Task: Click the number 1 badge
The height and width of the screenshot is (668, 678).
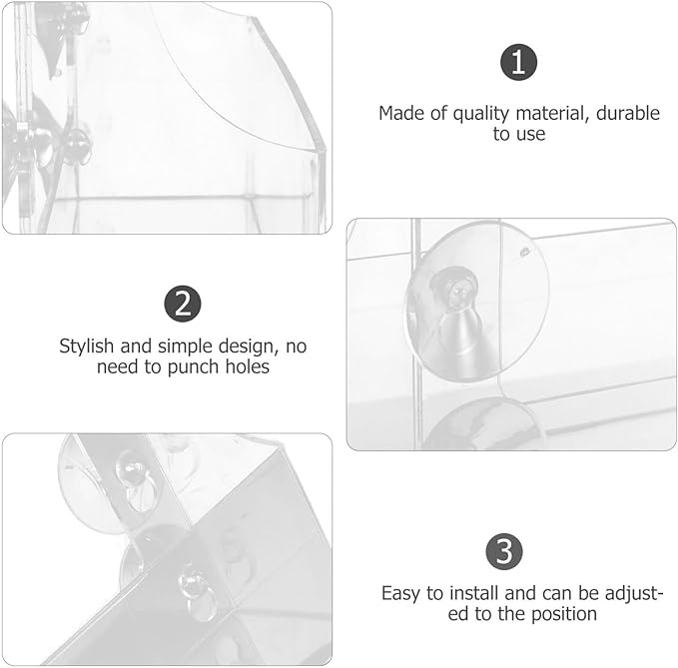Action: [x=518, y=62]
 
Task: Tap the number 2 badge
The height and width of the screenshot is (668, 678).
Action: [x=183, y=304]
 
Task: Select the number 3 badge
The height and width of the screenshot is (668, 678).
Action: [x=504, y=552]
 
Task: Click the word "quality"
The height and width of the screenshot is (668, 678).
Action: [x=481, y=114]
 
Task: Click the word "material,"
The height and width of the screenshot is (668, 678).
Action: [x=552, y=114]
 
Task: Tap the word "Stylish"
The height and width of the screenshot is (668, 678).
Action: [x=87, y=346]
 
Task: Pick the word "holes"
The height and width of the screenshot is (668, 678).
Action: [x=248, y=366]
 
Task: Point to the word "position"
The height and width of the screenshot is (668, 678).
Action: [x=564, y=615]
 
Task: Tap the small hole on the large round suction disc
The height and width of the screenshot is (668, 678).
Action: [x=525, y=252]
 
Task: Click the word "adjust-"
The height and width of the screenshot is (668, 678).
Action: [x=634, y=594]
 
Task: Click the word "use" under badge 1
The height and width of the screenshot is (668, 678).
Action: [x=531, y=135]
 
